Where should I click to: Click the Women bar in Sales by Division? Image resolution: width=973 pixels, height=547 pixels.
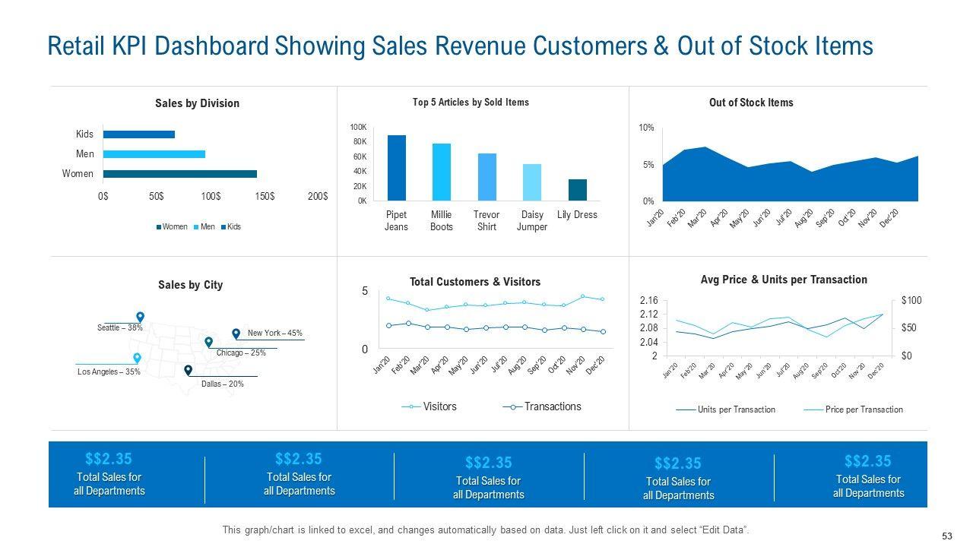tap(180, 174)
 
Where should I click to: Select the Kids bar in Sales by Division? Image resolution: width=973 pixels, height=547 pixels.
tap(139, 134)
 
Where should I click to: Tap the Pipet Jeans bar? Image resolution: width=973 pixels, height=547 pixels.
tap(396, 168)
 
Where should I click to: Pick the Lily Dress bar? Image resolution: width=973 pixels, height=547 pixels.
tap(578, 190)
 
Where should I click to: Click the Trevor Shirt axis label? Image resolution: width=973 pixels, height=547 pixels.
tap(486, 220)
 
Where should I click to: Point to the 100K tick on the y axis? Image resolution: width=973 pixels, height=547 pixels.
tap(358, 127)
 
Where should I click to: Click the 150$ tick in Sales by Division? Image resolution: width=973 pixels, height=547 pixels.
tap(265, 197)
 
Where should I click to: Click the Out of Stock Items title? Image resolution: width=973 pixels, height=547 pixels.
tap(750, 103)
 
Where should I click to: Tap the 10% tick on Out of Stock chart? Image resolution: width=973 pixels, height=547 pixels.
tap(646, 128)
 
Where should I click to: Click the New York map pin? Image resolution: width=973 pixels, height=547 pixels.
tap(236, 334)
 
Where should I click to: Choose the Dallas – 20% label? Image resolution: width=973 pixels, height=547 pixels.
tap(223, 384)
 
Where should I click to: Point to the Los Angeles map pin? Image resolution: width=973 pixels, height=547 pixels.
tap(137, 358)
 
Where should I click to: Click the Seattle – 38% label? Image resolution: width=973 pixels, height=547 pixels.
tap(120, 327)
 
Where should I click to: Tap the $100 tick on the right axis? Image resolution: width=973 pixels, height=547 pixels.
tap(911, 301)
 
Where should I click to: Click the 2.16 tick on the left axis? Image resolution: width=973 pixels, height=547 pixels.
tap(648, 301)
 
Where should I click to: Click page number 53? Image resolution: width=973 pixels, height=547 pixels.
tap(947, 536)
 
